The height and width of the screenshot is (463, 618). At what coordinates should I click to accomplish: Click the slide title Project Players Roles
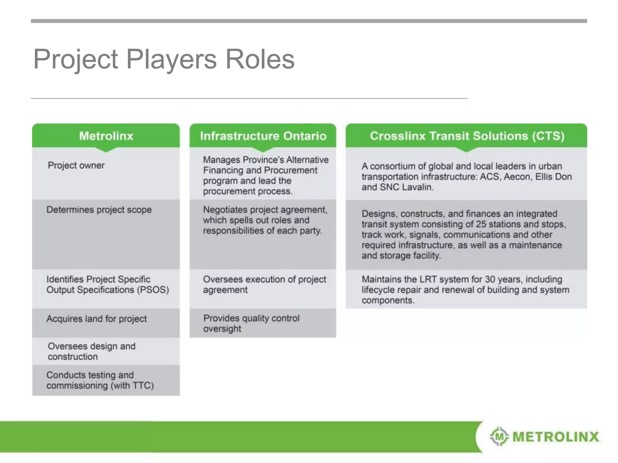coord(164,59)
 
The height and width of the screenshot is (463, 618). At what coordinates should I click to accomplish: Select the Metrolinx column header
coord(106,136)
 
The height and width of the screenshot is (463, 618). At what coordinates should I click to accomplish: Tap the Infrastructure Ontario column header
coord(263,136)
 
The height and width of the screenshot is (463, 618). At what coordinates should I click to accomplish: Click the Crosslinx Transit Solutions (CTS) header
coord(467,136)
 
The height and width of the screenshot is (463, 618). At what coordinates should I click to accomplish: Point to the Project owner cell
coord(76,165)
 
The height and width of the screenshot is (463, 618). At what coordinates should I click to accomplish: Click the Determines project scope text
coord(99,210)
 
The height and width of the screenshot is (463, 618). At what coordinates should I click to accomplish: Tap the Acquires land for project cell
coord(97,319)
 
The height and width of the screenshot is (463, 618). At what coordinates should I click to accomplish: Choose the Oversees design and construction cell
coord(91,351)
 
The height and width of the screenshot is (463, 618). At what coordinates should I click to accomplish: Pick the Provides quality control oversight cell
coord(251,323)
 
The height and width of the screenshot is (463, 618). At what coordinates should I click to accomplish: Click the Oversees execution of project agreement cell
coord(264,285)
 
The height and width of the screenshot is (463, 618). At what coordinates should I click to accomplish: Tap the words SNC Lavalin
coord(406,187)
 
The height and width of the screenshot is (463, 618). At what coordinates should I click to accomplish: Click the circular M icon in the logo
coord(499,436)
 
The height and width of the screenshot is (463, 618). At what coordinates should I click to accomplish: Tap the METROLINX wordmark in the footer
coord(556,437)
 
